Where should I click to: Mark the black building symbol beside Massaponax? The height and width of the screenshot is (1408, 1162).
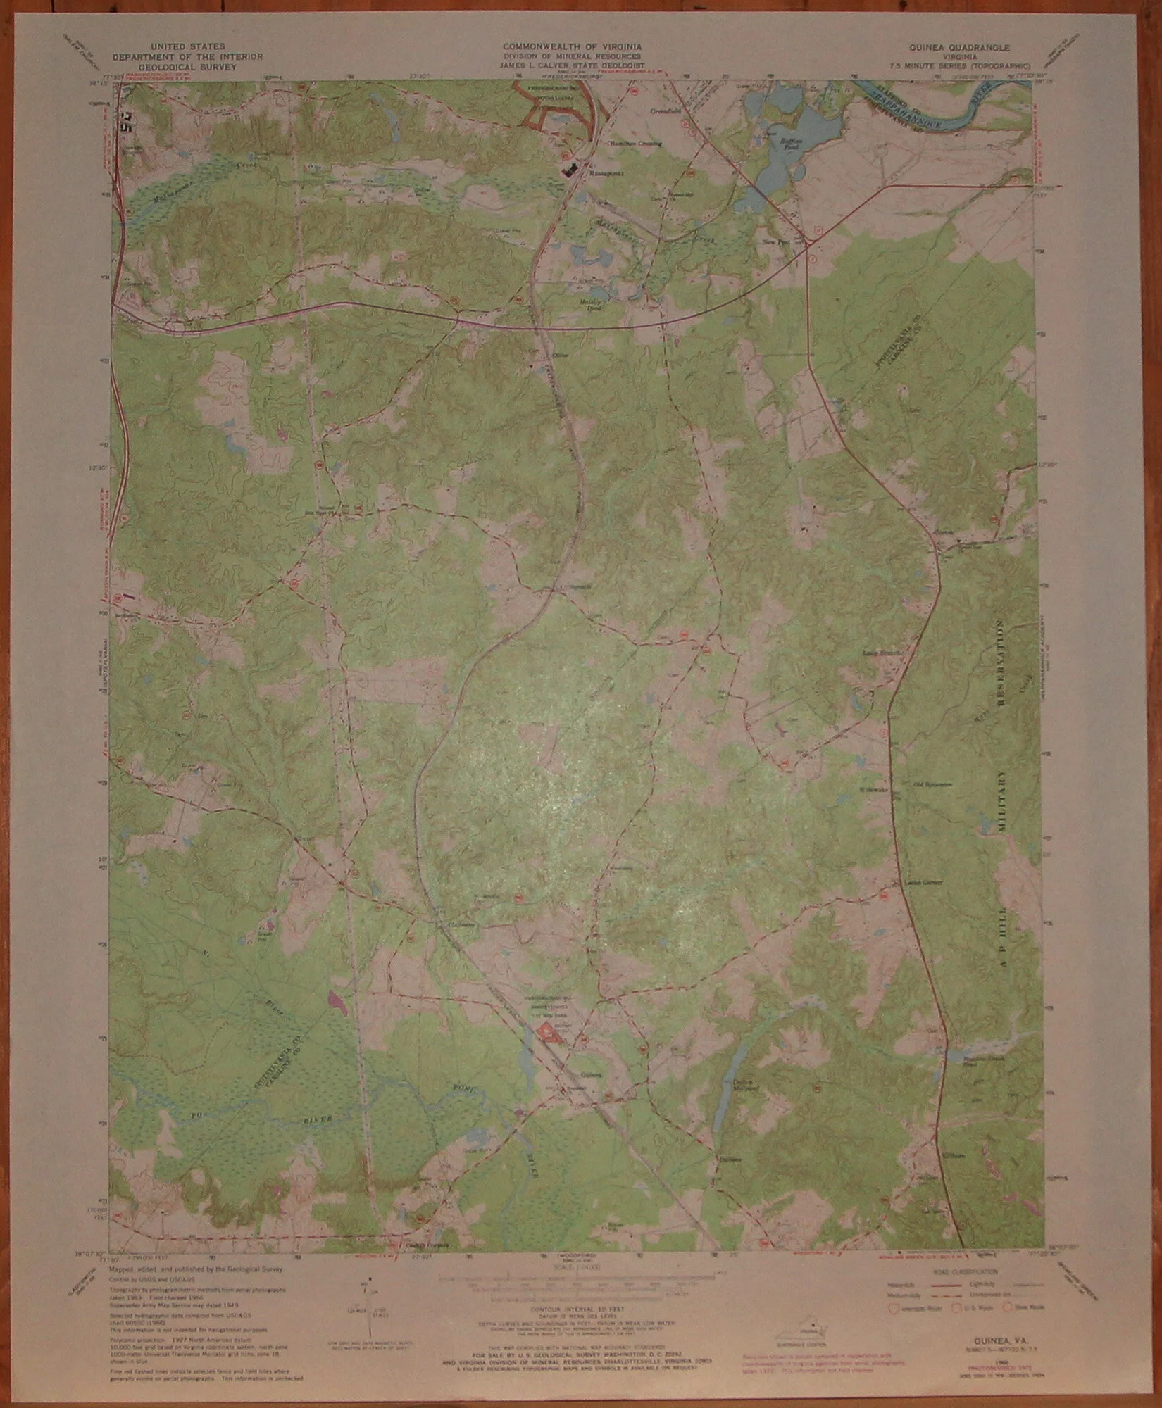(x=569, y=170)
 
